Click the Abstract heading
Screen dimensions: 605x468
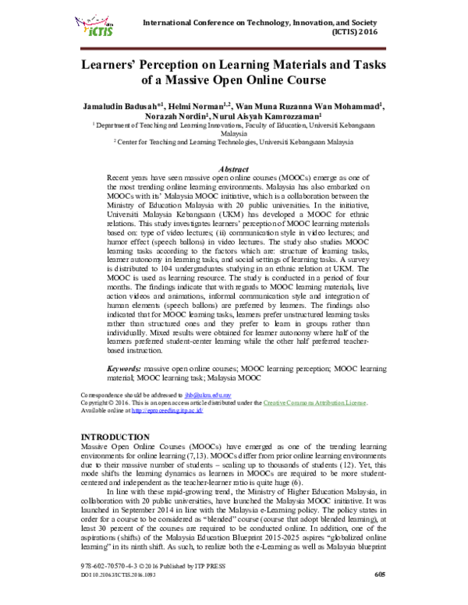point(234,169)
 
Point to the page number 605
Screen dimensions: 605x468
point(379,596)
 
